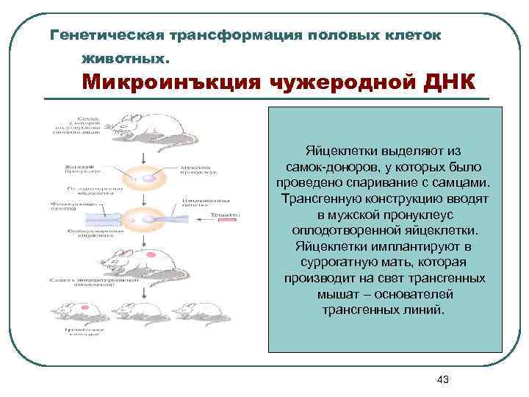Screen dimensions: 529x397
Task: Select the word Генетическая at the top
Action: pyautogui.click(x=104, y=35)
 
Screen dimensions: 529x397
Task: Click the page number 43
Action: pyautogui.click(x=442, y=379)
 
